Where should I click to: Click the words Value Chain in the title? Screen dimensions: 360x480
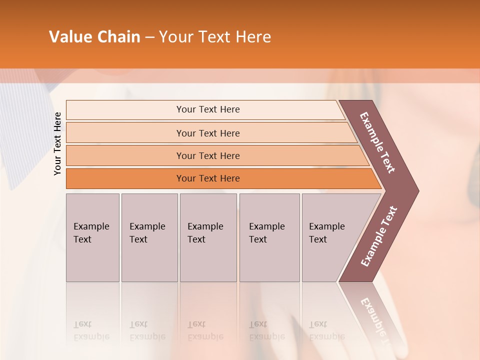point(94,37)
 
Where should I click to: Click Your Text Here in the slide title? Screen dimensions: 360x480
point(215,37)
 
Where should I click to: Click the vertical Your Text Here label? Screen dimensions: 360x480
point(57,143)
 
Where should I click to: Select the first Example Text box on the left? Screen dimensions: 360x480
point(92,238)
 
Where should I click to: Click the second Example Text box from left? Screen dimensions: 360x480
point(149,238)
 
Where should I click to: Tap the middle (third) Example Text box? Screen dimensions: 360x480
point(208,238)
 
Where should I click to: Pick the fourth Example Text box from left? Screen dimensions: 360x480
point(269,238)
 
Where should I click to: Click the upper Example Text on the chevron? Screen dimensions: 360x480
point(377,142)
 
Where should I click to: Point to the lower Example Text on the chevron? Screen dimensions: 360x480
point(379,236)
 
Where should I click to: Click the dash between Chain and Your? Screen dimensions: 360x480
point(149,37)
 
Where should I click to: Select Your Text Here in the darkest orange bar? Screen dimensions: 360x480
point(208,178)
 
